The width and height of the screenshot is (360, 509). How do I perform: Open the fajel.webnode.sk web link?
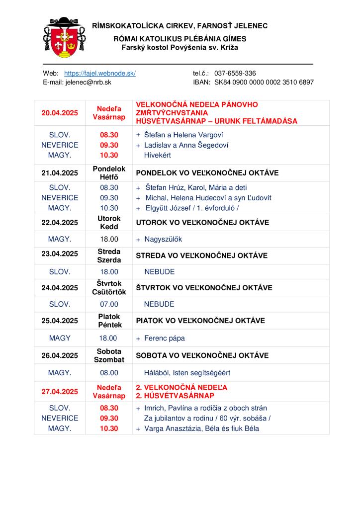click(100, 73)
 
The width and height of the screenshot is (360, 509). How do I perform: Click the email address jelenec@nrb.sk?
click(89, 82)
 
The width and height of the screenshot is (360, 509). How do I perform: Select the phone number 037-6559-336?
click(235, 73)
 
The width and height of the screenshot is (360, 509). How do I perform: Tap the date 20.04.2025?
click(60, 113)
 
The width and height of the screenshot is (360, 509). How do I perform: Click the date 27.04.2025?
click(60, 392)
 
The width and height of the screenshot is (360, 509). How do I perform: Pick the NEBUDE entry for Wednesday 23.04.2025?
click(159, 271)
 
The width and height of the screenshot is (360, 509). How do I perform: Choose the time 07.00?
click(109, 304)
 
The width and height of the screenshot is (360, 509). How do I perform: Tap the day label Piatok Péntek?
click(109, 320)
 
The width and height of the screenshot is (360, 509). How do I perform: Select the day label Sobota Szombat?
click(109, 355)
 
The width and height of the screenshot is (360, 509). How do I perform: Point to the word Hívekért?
click(158, 155)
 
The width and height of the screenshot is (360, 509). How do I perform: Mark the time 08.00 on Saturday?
click(109, 372)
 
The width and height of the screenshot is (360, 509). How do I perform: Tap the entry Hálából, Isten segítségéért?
click(187, 372)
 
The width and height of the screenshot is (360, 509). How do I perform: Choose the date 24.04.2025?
click(60, 287)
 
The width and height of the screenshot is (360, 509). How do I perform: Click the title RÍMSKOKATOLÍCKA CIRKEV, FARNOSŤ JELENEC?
click(180, 25)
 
